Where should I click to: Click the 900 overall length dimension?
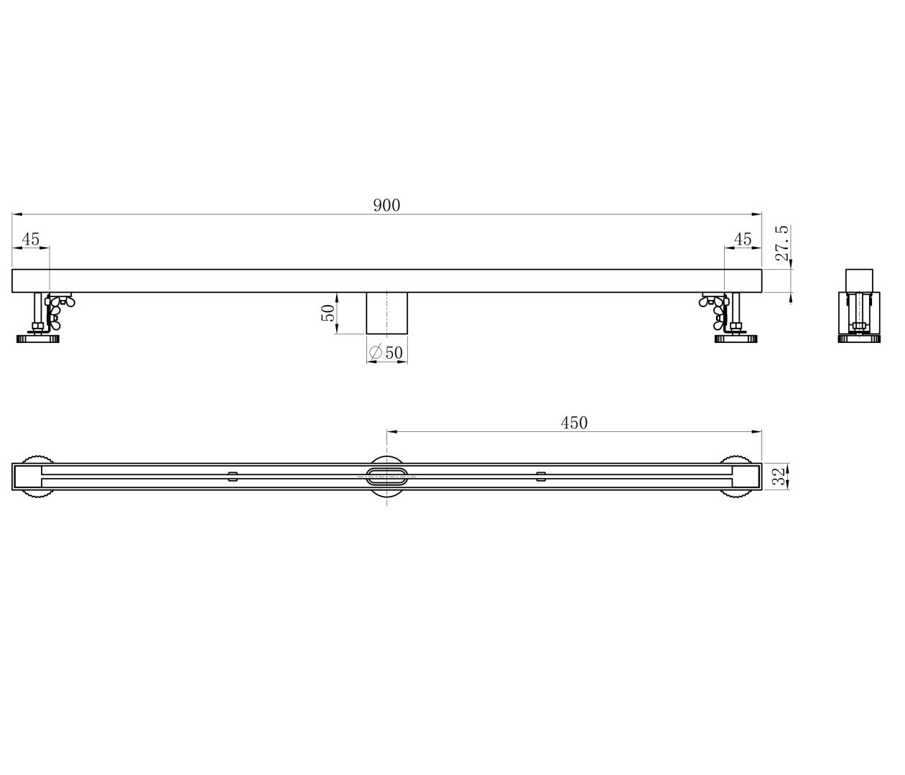coord(386,205)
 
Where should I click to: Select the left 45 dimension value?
coord(30,239)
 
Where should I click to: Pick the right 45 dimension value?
coord(743,239)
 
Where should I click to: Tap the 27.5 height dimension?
coord(782,243)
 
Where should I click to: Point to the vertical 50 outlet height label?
coord(328,312)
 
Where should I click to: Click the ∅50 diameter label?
coord(386,352)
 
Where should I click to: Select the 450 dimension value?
coord(574,423)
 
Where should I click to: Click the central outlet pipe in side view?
coord(386,313)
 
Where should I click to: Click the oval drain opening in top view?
coord(387,474)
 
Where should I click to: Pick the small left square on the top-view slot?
coord(233,474)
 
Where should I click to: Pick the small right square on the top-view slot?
coord(541,474)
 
